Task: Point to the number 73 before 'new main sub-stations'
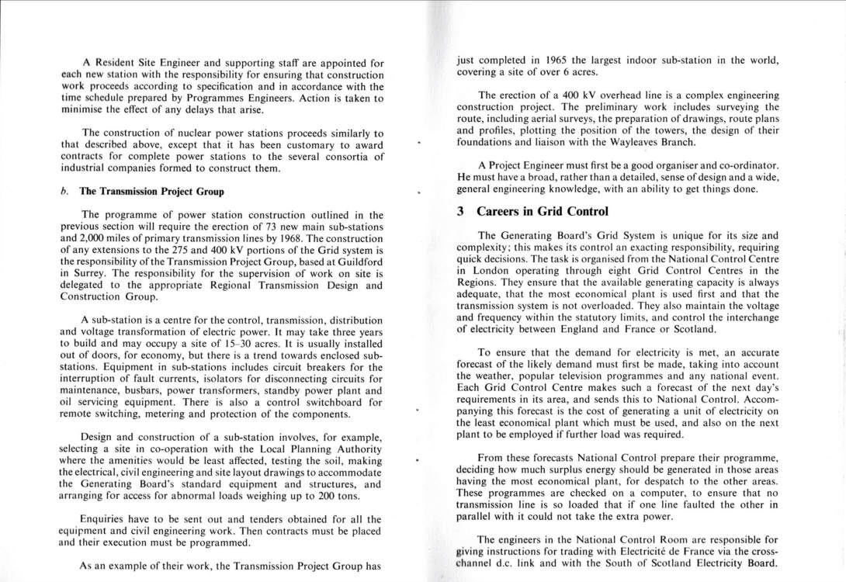pos(267,226)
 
